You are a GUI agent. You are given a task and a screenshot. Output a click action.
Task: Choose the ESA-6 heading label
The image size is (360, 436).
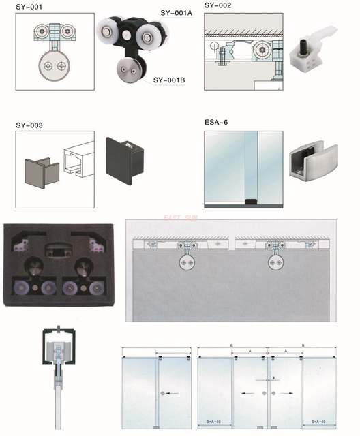coord(216,123)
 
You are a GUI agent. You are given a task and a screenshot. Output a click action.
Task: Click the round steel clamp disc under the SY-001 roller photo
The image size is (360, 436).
coord(127,70)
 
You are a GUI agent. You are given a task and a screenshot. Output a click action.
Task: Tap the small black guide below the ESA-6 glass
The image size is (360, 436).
coord(250,200)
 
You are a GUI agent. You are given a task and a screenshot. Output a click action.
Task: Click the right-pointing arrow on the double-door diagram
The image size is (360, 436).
coord(286,394)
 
